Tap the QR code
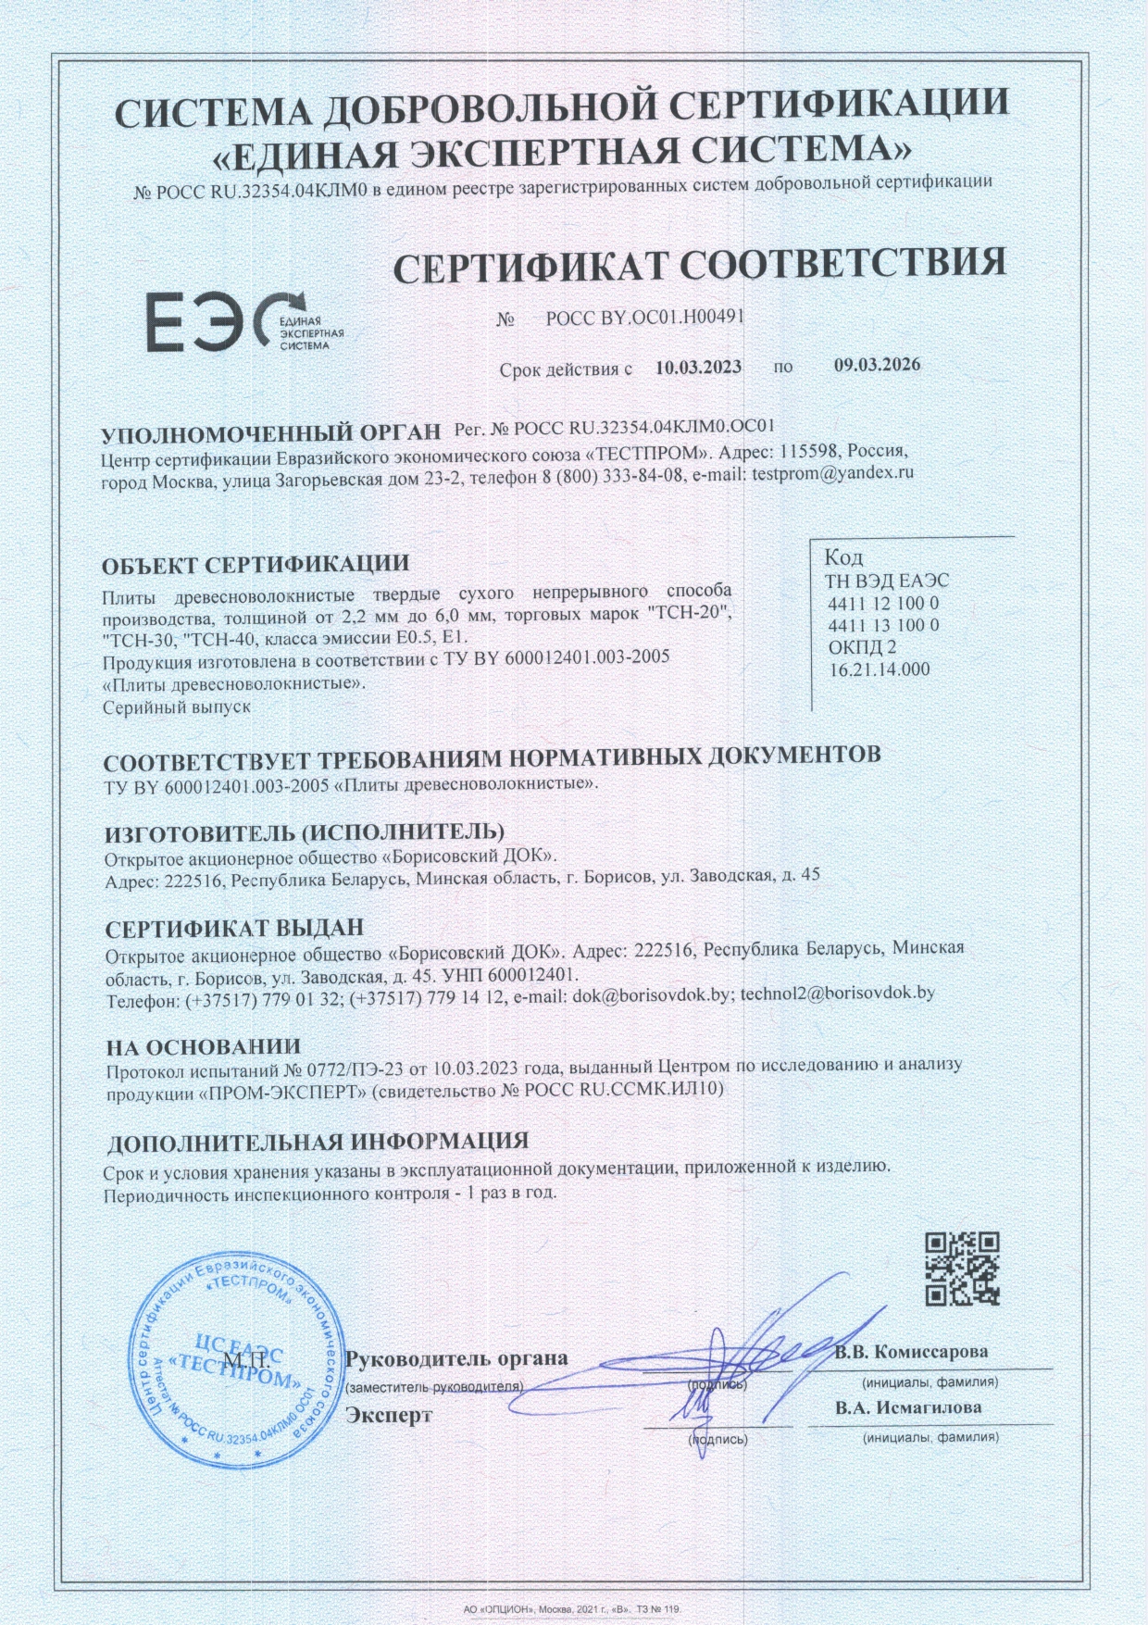tap(963, 1269)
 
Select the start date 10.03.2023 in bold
tap(698, 367)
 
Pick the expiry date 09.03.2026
tap(877, 365)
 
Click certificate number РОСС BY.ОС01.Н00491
tap(644, 318)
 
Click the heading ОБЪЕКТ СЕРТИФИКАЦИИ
tap(256, 564)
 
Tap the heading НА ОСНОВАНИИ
tap(203, 1047)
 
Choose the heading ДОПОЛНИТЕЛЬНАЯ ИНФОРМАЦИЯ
tap(318, 1143)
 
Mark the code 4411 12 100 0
tap(883, 604)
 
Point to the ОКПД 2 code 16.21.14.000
tap(880, 669)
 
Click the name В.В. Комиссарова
tap(911, 1351)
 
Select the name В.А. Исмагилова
tap(908, 1407)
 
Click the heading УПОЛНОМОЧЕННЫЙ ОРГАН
tap(271, 433)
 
